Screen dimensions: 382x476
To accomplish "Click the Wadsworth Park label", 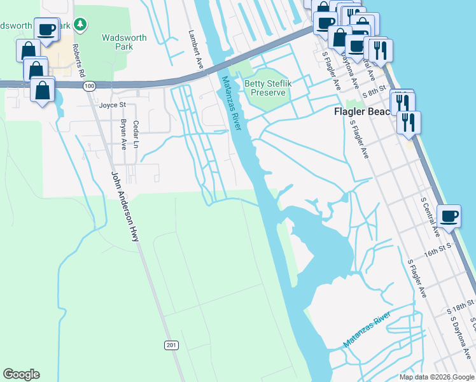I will pyautogui.click(x=124, y=42).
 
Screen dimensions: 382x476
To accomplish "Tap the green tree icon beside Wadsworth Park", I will pyautogui.click(x=80, y=25).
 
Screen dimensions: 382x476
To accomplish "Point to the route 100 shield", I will pyautogui.click(x=89, y=85).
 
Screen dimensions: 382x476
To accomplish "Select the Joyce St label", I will pyautogui.click(x=113, y=105).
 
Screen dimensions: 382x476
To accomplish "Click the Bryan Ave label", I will pyautogui.click(x=124, y=134).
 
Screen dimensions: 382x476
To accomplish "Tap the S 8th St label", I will pyautogui.click(x=374, y=90).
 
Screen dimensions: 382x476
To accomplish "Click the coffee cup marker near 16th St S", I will pyautogui.click(x=449, y=216).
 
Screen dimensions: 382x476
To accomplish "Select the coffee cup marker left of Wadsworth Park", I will pyautogui.click(x=46, y=29).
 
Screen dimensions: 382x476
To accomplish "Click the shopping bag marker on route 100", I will pyautogui.click(x=43, y=90).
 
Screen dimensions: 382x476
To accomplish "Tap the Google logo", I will pyautogui.click(x=21, y=374).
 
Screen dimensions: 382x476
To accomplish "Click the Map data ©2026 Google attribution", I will pyautogui.click(x=436, y=376).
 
